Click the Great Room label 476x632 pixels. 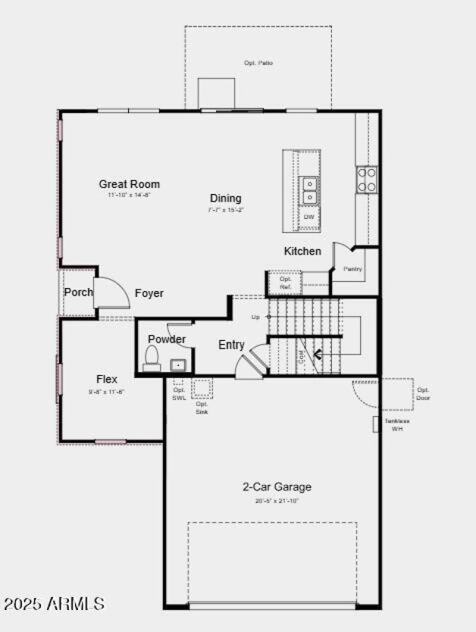point(129,184)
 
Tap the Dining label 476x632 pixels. point(226,198)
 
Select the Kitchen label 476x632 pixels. point(302,251)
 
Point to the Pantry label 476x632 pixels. point(353,269)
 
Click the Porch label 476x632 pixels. point(78,292)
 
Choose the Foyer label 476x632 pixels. point(149,293)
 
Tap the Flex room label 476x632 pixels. point(107,379)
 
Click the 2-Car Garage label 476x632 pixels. point(277,487)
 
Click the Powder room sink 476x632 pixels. point(178,364)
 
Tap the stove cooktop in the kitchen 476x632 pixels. point(367,179)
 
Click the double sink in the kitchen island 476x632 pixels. point(309,190)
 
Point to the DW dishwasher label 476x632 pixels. point(309,217)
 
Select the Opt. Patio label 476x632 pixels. point(258,62)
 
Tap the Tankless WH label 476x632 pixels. point(396,424)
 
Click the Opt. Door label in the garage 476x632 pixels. point(423,393)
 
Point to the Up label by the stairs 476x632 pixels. point(256,317)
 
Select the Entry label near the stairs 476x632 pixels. point(231,345)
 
